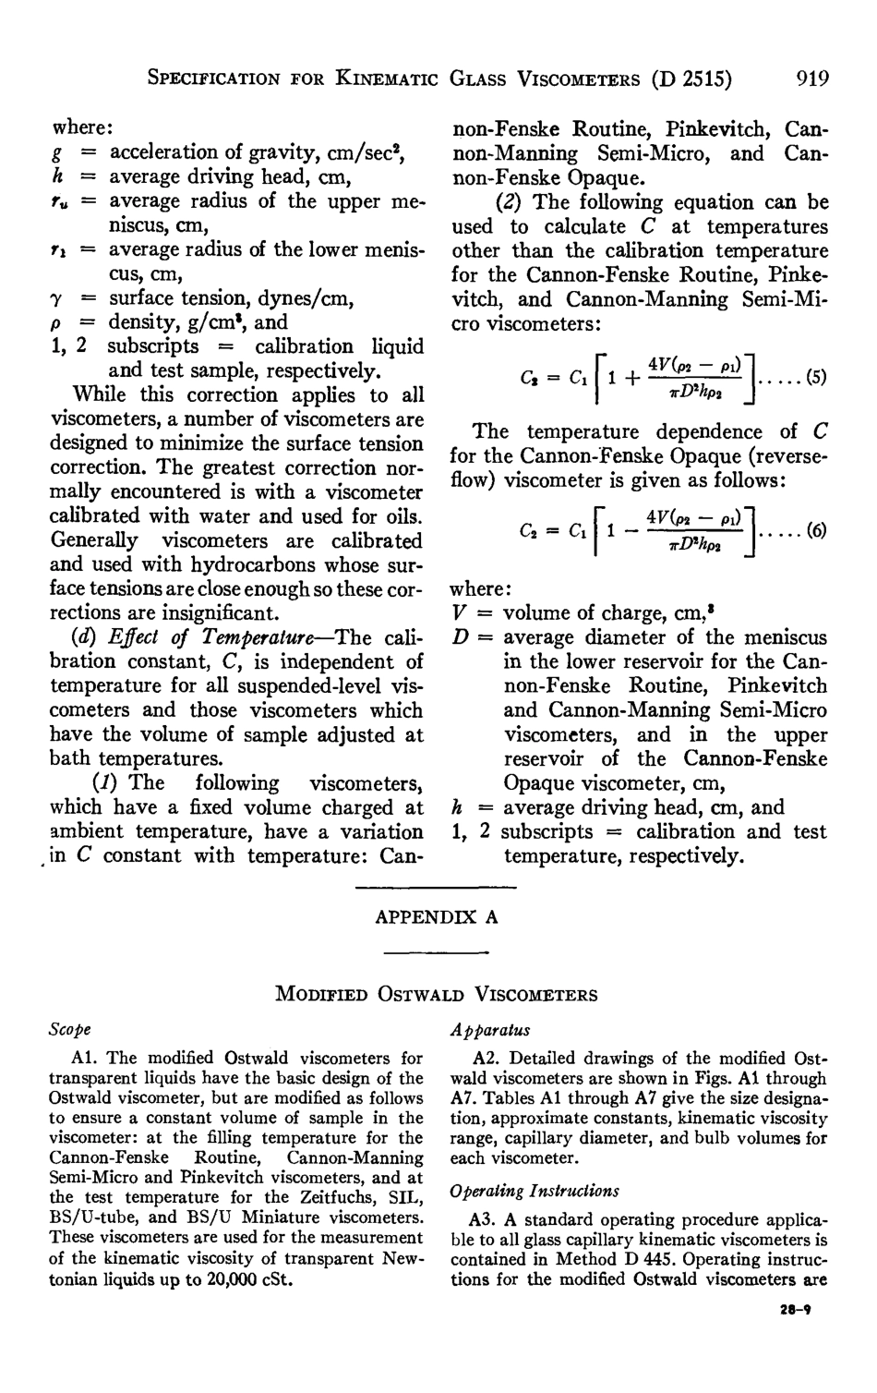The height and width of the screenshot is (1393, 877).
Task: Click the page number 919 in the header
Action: tap(812, 79)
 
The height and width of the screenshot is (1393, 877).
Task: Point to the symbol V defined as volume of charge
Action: tap(459, 613)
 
